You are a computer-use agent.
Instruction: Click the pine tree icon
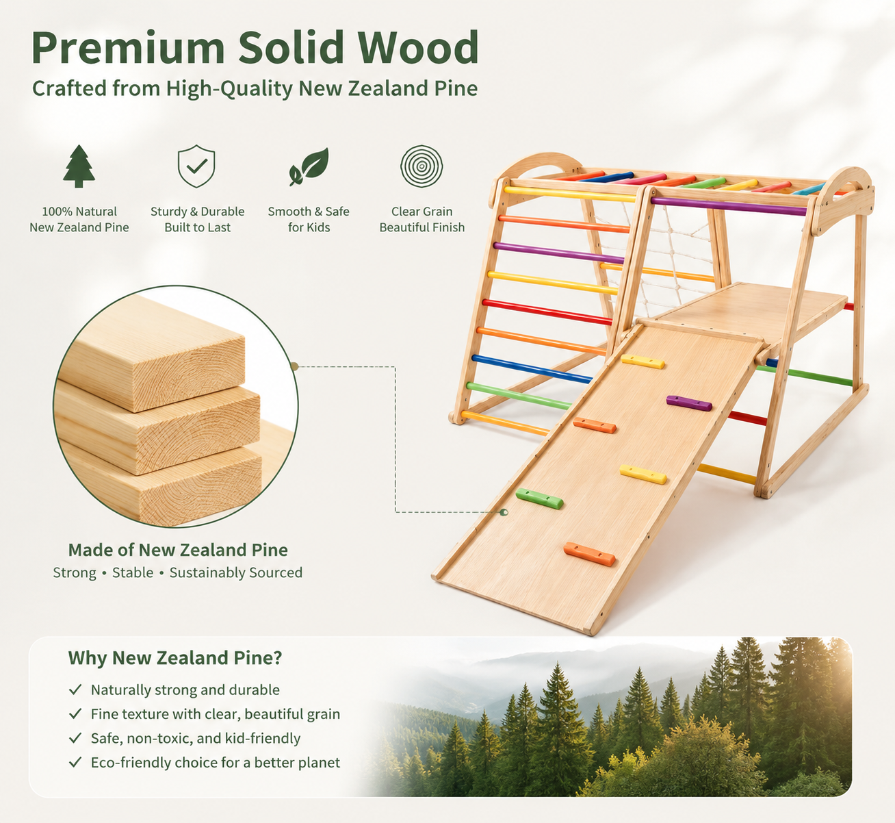(79, 166)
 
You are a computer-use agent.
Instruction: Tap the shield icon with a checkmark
(196, 166)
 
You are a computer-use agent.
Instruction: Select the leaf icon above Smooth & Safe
(309, 166)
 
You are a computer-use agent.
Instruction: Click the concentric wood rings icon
(421, 166)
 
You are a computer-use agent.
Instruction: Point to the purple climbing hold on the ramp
(689, 403)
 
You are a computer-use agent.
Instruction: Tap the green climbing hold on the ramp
(539, 498)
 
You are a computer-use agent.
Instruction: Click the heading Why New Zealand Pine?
(175, 658)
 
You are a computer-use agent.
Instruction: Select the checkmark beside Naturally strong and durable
(75, 689)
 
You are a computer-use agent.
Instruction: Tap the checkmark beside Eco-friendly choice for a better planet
(75, 762)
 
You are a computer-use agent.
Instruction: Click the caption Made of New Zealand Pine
(178, 550)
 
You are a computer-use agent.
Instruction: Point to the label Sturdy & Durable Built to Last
(197, 219)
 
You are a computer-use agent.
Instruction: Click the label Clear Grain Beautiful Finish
(421, 219)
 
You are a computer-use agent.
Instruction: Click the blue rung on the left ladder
(532, 369)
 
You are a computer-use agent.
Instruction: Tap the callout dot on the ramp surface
(504, 512)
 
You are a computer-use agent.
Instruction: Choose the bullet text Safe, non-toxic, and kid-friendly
(196, 738)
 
